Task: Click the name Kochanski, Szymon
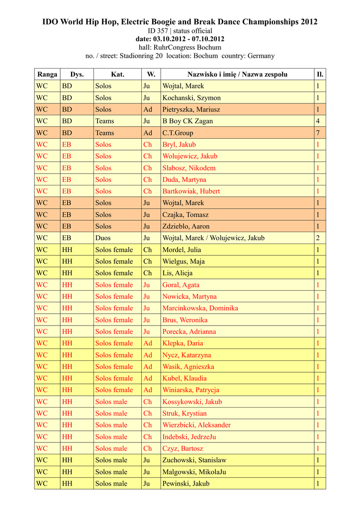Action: [x=191, y=98]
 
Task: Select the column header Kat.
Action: [x=117, y=75]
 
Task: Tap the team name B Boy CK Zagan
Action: [x=187, y=121]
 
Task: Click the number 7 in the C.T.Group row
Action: [x=318, y=133]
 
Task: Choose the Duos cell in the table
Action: [x=103, y=238]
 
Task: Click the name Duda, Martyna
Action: [x=184, y=180]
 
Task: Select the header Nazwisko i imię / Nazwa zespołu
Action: [x=237, y=75]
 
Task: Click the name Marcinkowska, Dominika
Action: [x=200, y=308]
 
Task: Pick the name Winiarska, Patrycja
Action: [x=190, y=390]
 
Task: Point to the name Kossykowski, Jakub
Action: [x=192, y=402]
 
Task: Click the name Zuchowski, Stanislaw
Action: [x=194, y=460]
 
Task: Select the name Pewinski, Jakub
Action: [x=185, y=484]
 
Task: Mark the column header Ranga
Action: [x=47, y=75]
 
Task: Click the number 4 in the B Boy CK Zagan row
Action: [x=318, y=121]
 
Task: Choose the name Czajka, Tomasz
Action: [x=185, y=215]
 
